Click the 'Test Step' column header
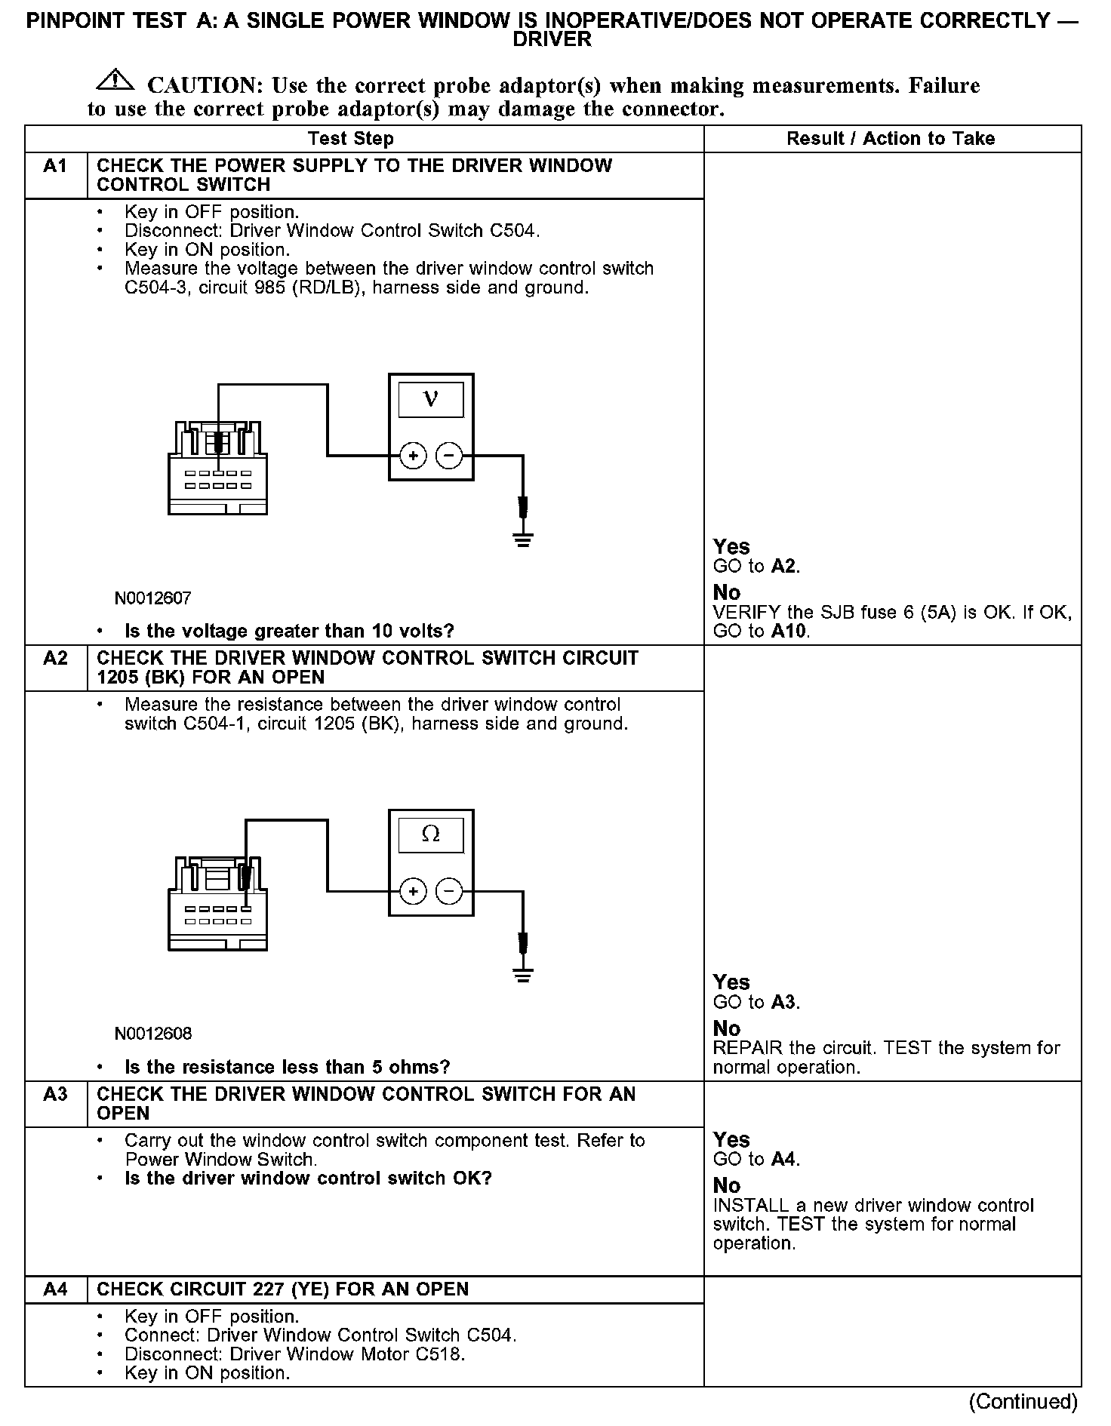coord(351,139)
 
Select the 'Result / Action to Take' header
coord(891,139)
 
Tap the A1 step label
coord(55,166)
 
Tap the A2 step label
coord(55,659)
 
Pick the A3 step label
coord(55,1095)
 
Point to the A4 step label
coord(55,1289)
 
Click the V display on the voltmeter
coord(431,398)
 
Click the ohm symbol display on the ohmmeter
coord(431,834)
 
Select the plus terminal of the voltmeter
coord(413,456)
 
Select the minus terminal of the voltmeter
coord(449,456)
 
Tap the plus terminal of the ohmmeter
coord(413,892)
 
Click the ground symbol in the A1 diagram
coord(522,539)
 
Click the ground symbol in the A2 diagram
coord(522,975)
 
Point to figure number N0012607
coord(153,598)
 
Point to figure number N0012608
coord(153,1034)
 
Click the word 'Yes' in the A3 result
coord(731,1139)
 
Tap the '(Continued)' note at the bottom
coord(1023,1402)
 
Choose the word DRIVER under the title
coord(552,40)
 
